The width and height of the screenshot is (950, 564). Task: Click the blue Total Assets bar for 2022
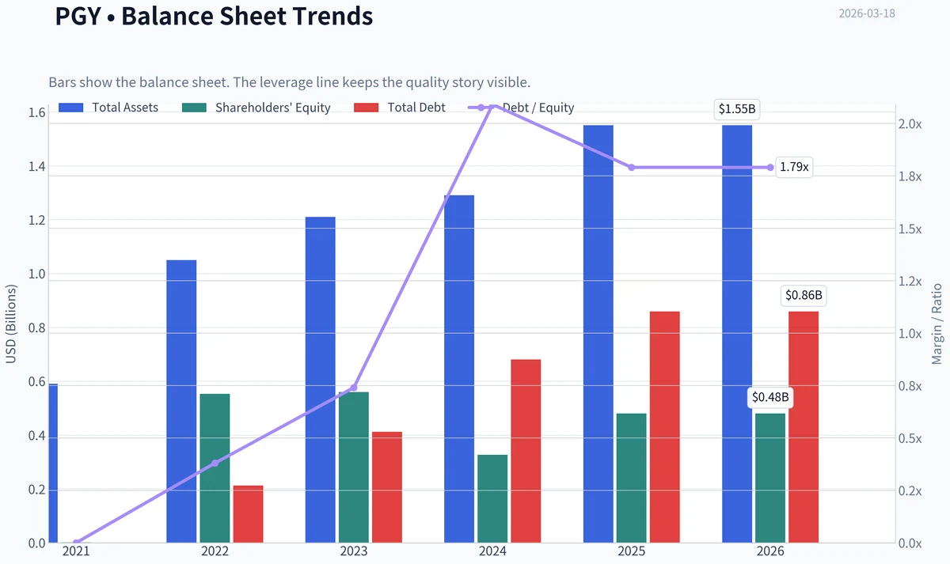coord(181,401)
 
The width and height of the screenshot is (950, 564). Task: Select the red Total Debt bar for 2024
coord(526,451)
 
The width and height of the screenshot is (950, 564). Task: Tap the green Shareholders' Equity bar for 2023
coord(354,467)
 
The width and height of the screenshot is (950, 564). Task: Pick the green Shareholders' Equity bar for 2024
coord(492,499)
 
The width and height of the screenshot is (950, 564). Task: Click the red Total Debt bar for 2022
coord(248,514)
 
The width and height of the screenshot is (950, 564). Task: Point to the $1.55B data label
coord(737,109)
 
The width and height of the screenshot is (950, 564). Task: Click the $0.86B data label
coord(804,295)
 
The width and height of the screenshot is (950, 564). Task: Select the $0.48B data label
coord(770,397)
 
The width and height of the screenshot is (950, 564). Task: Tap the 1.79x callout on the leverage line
coord(794,167)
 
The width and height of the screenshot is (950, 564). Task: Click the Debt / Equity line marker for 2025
coord(632,168)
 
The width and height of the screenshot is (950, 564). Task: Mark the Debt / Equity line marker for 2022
coord(215,464)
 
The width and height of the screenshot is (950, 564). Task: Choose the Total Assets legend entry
coord(108,108)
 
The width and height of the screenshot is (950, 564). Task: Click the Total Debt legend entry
coord(400,108)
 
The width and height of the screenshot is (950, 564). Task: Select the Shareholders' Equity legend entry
coord(256,108)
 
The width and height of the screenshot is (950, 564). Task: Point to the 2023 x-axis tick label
coord(354,551)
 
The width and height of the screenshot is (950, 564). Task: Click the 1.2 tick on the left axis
coord(36,221)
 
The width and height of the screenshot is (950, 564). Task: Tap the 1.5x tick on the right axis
coord(910,229)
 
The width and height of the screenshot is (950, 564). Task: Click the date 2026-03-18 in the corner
coord(867,13)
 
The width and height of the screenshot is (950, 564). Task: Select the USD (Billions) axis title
coord(10,324)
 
